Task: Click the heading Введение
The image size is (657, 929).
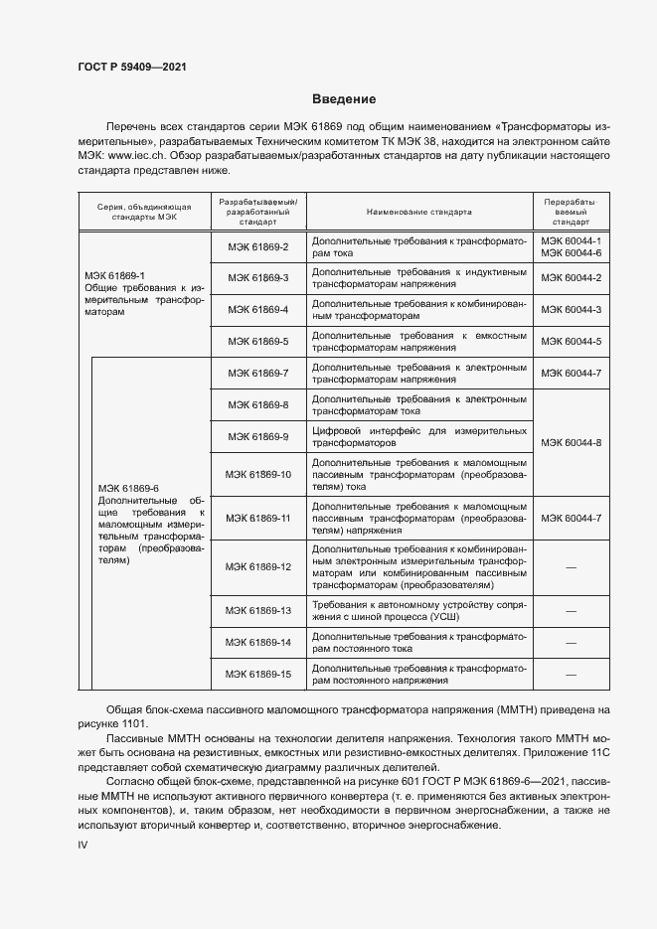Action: (343, 99)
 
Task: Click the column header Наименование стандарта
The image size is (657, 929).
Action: (418, 212)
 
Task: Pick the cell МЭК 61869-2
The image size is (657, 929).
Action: (257, 246)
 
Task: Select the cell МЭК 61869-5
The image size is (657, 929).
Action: (257, 341)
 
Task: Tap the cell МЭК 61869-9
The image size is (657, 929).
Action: (257, 436)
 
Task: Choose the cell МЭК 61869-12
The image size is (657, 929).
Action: (257, 566)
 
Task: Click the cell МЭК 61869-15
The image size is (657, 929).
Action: (257, 675)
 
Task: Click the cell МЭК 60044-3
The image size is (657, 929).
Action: (571, 309)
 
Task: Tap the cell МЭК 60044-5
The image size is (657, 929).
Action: (571, 341)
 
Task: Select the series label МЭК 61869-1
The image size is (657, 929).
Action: (114, 275)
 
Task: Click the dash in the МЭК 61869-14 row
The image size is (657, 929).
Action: (571, 642)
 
